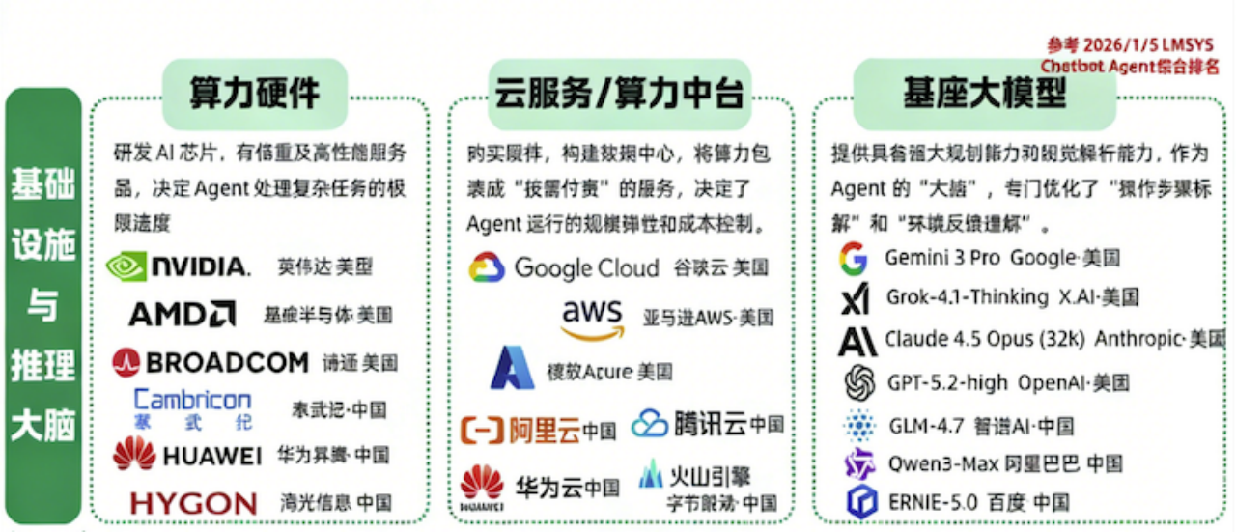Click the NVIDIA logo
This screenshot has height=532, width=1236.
[178, 266]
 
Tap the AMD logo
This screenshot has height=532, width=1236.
[182, 314]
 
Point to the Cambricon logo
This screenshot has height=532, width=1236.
[192, 407]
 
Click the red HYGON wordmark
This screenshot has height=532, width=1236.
[193, 503]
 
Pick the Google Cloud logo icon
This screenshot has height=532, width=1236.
[487, 267]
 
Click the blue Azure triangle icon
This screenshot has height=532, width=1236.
[512, 369]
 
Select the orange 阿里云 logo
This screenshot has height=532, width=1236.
[521, 429]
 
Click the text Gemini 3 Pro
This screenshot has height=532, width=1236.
[941, 258]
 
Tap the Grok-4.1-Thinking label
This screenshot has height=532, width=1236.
[953, 297]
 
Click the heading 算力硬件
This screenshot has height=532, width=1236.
[254, 94]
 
